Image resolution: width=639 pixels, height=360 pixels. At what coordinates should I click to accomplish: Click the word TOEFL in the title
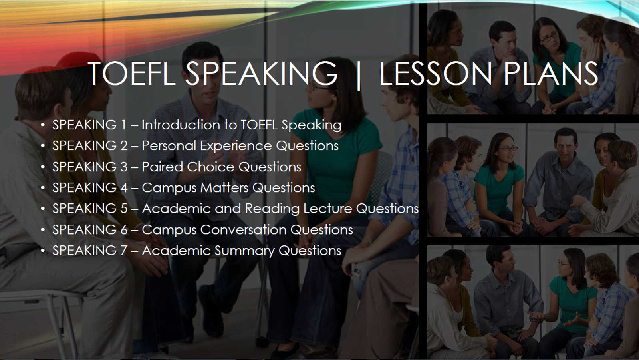pyautogui.click(x=132, y=73)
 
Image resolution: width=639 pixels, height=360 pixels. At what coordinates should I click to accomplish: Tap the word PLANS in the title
pyautogui.click(x=551, y=73)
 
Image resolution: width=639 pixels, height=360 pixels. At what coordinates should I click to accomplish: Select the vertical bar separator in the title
pyautogui.click(x=359, y=76)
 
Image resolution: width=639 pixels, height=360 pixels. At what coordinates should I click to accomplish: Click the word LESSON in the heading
pyautogui.click(x=436, y=73)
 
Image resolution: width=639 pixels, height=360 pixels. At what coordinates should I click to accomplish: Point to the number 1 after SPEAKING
pyautogui.click(x=123, y=125)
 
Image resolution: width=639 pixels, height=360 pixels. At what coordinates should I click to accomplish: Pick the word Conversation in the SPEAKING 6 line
pyautogui.click(x=243, y=230)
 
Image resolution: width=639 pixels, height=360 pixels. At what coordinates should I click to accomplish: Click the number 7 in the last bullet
pyautogui.click(x=123, y=251)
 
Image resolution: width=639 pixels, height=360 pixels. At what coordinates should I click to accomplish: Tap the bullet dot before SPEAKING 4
pyautogui.click(x=43, y=188)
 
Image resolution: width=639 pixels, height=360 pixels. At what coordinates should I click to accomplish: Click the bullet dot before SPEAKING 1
pyautogui.click(x=43, y=125)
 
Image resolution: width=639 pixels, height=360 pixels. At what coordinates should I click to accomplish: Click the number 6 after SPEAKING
pyautogui.click(x=124, y=230)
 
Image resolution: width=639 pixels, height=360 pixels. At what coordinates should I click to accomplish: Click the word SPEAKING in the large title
pyautogui.click(x=262, y=73)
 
